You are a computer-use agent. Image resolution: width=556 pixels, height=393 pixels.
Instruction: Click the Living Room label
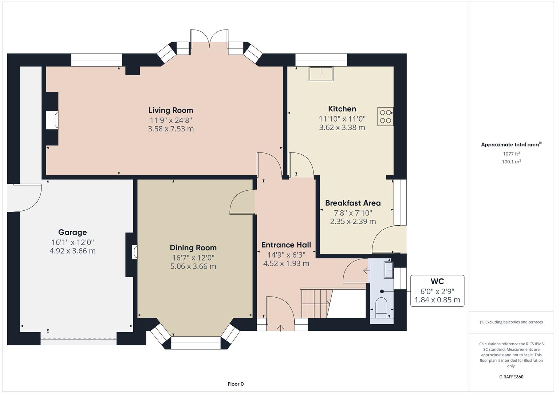[x=170, y=110]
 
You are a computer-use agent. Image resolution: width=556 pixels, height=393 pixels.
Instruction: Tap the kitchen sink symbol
[x=321, y=74]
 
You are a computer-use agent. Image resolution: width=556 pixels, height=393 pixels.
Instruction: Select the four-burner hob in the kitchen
[x=385, y=116]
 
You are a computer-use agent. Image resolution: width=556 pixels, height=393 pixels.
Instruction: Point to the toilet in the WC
[x=381, y=306]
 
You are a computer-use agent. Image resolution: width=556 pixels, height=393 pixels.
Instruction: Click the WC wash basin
[x=388, y=270]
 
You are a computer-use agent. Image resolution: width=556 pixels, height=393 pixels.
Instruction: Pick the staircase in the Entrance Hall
[x=315, y=303]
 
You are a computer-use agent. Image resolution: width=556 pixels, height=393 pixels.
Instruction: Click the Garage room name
[x=72, y=232]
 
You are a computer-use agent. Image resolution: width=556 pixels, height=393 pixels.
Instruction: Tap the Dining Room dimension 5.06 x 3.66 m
[x=193, y=266]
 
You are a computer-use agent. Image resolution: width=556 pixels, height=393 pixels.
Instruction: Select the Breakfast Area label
[x=352, y=203]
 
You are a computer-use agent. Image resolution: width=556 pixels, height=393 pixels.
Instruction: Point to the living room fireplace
[x=52, y=120]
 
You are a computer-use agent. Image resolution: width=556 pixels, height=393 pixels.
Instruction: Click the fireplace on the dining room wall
[x=134, y=252]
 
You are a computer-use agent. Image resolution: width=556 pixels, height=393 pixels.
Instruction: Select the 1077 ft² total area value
[x=511, y=154]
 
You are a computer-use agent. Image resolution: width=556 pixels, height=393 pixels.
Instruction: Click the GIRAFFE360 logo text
[x=511, y=377]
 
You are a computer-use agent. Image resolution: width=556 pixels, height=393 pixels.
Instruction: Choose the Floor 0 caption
[x=235, y=384]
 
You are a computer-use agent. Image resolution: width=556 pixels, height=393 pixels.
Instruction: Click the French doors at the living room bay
[x=209, y=39]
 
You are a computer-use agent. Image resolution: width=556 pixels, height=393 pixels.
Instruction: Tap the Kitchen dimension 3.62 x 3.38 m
[x=342, y=127]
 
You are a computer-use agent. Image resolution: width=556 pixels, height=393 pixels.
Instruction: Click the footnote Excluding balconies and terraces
[x=511, y=322]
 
